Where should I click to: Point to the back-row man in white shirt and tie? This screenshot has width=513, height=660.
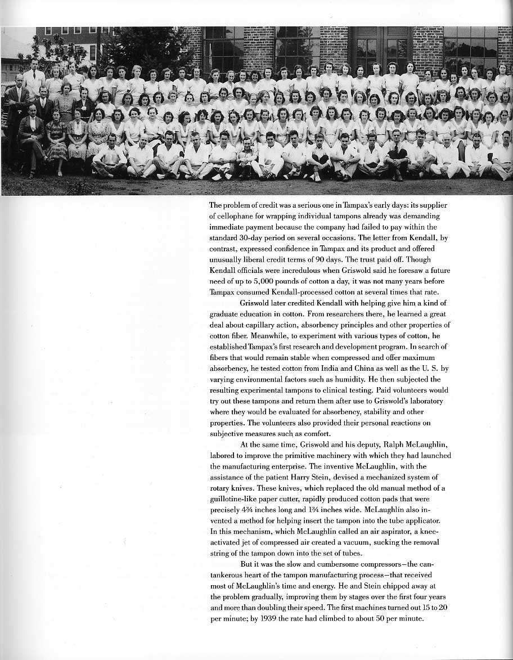(x=34, y=79)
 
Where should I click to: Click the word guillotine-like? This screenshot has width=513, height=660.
(x=234, y=499)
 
